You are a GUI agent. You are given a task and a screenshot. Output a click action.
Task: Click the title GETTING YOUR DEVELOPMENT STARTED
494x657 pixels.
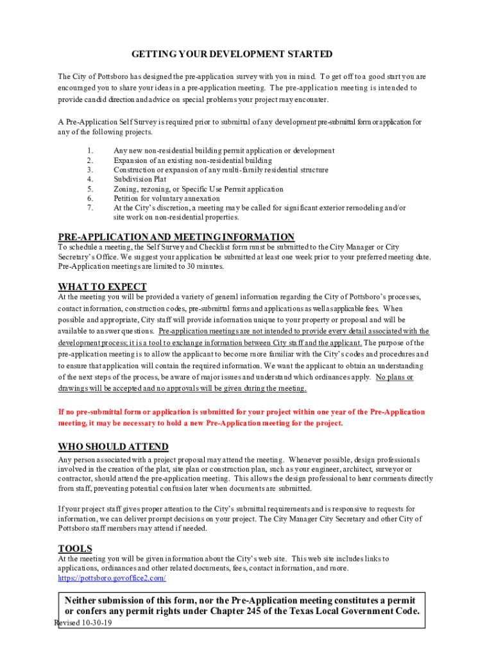coord(232,54)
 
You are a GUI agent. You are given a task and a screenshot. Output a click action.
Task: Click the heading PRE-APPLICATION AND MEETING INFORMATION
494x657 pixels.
coord(176,237)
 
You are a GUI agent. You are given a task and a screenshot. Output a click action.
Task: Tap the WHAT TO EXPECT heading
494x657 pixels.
coord(103,287)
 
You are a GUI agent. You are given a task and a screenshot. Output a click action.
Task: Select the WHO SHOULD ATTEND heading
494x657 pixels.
coord(114,447)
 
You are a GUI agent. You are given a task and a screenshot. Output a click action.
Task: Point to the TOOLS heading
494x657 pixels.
coord(75,549)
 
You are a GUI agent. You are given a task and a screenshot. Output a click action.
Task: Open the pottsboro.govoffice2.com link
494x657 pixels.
coord(112,578)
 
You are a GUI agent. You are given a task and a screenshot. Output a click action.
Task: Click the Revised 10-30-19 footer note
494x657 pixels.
coord(83,622)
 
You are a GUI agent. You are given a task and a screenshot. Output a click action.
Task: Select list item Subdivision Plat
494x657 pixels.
coord(140,180)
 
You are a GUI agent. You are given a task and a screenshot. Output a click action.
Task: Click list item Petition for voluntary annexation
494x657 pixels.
coord(167,199)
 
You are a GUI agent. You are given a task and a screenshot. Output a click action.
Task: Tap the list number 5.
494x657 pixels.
coord(90,189)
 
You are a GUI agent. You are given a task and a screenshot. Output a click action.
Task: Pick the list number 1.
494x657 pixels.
coord(90,151)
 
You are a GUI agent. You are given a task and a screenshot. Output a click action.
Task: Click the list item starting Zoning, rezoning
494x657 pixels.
coord(198,189)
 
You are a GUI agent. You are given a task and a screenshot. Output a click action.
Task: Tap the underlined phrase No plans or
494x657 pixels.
coord(395,377)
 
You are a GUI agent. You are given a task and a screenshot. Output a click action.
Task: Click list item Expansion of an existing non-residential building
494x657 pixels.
coord(192,160)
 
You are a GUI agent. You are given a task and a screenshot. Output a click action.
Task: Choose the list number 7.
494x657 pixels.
coord(90,208)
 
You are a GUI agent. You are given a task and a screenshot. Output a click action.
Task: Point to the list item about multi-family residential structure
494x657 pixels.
coord(221,170)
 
